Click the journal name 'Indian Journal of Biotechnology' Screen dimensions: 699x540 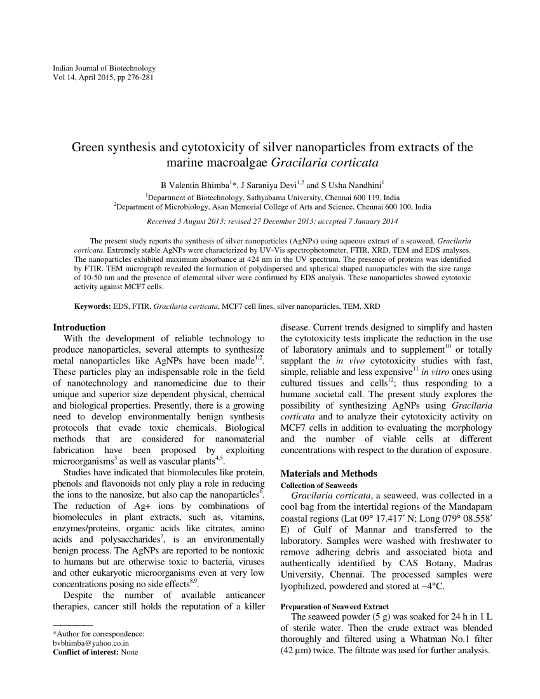[x=105, y=68]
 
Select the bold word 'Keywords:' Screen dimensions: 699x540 [x=93, y=306]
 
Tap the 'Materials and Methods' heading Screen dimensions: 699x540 [x=329, y=473]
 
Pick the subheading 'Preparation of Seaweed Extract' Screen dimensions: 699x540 [x=334, y=606]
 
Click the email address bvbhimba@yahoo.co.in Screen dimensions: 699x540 [x=91, y=642]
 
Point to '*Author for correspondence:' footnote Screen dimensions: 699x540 [x=98, y=634]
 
